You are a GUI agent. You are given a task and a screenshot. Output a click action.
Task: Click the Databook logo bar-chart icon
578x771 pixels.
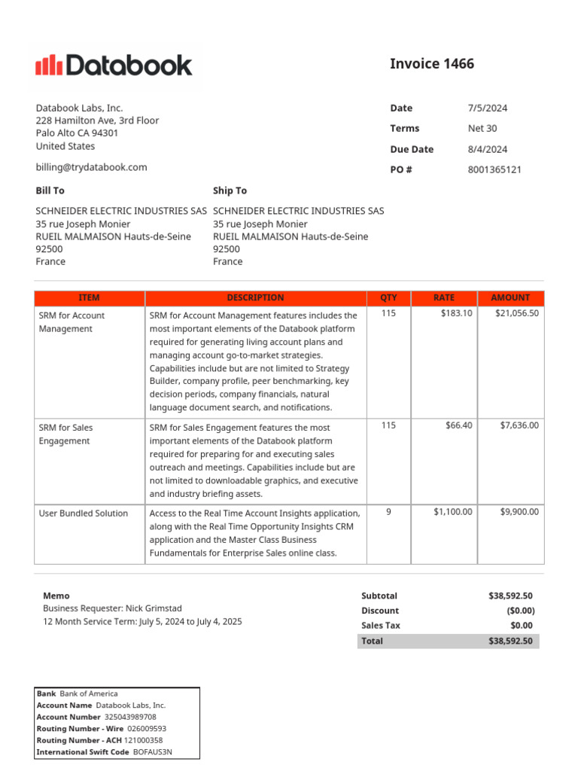[x=49, y=66]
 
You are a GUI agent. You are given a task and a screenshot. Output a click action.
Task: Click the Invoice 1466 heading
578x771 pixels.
[x=431, y=64]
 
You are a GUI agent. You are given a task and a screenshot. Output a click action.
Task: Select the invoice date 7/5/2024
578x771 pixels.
[x=487, y=108]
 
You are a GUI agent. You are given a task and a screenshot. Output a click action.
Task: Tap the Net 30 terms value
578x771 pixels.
[x=482, y=129]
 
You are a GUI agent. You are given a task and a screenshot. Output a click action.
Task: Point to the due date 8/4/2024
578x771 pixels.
[x=487, y=149]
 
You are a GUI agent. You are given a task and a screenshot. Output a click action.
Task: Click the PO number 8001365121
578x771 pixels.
[x=494, y=169]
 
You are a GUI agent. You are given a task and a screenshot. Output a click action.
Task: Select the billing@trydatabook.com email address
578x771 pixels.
[x=91, y=167]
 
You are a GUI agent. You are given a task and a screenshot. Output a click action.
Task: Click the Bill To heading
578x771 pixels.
[x=50, y=190]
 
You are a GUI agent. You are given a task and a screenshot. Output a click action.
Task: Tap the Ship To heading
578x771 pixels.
[x=230, y=190]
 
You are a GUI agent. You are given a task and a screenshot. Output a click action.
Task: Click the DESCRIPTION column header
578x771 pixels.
[x=255, y=297]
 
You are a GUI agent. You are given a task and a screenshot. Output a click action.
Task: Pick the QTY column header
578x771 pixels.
[x=388, y=297]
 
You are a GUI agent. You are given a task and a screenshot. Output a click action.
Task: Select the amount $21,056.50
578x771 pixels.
[x=516, y=313]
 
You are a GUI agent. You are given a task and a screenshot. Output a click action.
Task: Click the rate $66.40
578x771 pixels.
[x=458, y=425]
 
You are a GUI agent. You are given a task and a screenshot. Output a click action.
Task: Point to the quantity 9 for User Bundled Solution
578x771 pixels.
[x=388, y=512]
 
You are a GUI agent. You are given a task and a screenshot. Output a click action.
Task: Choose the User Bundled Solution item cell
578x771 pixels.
[x=84, y=513]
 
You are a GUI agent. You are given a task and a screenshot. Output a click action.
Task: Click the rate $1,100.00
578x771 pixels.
[x=452, y=512]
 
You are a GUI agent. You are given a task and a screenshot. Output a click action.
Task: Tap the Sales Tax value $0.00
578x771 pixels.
[x=521, y=626]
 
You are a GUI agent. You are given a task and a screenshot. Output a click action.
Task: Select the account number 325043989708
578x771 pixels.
[x=129, y=717]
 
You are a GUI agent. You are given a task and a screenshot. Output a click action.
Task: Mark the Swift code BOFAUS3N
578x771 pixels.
[x=152, y=751]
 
